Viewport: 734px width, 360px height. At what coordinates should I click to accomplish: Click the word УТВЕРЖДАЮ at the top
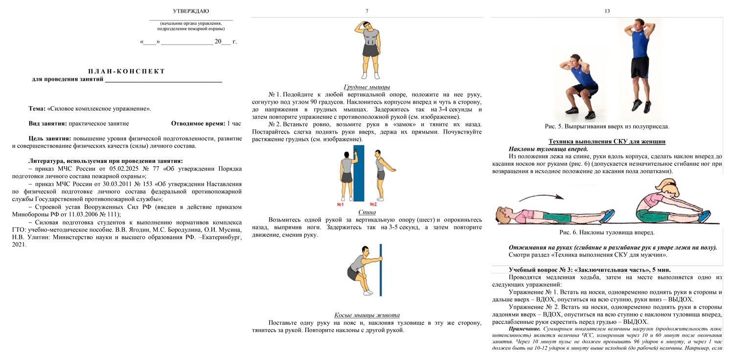(x=191, y=11)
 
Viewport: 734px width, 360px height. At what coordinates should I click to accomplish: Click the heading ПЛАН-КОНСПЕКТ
(x=127, y=71)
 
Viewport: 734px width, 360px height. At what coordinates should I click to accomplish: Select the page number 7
(x=367, y=11)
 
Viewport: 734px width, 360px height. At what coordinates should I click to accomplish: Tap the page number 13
(x=607, y=11)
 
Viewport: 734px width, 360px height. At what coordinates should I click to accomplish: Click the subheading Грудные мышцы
(x=367, y=87)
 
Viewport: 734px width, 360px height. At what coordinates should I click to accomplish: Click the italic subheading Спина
(x=367, y=212)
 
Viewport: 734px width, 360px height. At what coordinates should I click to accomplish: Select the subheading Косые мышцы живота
(x=367, y=315)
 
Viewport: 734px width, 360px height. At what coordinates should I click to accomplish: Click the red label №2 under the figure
(x=373, y=204)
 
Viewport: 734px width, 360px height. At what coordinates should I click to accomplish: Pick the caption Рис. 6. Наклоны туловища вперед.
(x=607, y=233)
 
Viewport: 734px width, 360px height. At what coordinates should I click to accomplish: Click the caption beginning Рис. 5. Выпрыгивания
(x=607, y=126)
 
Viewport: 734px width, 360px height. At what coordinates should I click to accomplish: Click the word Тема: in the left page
(x=37, y=109)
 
